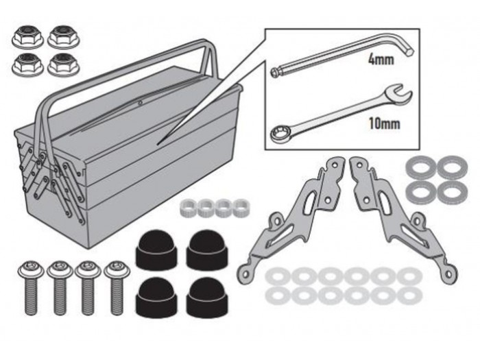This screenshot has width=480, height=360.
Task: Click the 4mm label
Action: (x=381, y=59)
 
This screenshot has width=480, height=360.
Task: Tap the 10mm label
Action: (x=384, y=123)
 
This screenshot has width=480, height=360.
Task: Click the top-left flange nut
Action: (x=28, y=37)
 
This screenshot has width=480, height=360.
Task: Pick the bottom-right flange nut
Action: (x=64, y=64)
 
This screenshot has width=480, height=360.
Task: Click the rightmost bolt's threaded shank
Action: (x=117, y=296)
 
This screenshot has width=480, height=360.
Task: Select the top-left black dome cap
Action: (x=156, y=250)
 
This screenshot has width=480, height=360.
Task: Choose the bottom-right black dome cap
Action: (x=207, y=298)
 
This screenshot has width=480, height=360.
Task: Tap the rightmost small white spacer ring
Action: (x=241, y=208)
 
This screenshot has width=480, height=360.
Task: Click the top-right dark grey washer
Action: (x=452, y=167)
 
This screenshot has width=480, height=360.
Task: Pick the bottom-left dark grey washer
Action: (x=421, y=192)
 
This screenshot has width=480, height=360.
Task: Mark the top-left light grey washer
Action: (x=278, y=276)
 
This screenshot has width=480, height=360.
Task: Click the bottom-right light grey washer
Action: (x=409, y=296)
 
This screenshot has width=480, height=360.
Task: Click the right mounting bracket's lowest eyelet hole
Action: (x=448, y=274)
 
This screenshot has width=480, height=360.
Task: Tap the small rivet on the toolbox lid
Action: (x=140, y=103)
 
